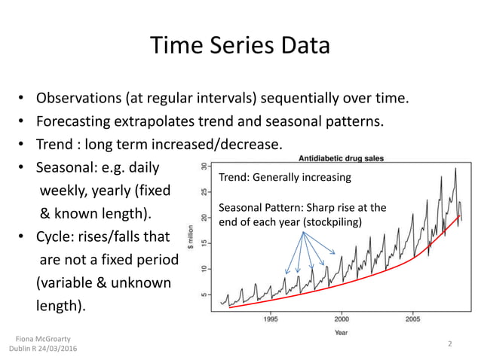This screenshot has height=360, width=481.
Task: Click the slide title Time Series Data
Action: [x=240, y=46]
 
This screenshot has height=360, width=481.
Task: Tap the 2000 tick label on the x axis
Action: [x=342, y=318]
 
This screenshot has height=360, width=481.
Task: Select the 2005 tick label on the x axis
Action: [x=412, y=318]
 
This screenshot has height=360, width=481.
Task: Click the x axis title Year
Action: [x=342, y=331]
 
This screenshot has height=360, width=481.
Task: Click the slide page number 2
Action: [x=449, y=343]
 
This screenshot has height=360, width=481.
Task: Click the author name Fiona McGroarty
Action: [x=43, y=339]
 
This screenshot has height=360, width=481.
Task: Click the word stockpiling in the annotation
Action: [x=332, y=222]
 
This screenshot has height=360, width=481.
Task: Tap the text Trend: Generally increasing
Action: [x=284, y=178]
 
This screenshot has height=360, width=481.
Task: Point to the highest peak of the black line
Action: [x=455, y=168]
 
